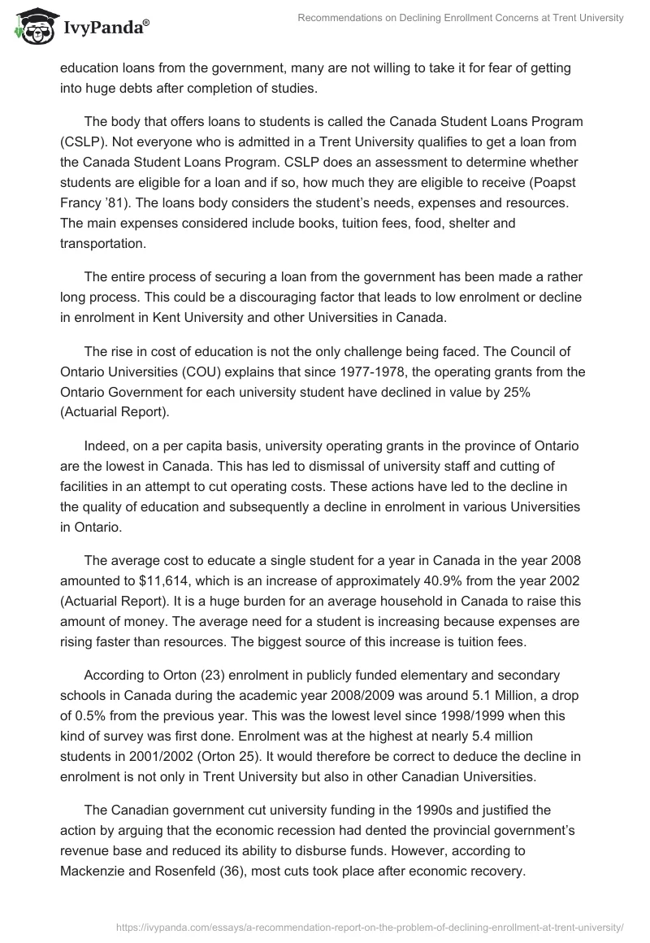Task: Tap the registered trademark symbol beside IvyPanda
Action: tap(146, 23)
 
